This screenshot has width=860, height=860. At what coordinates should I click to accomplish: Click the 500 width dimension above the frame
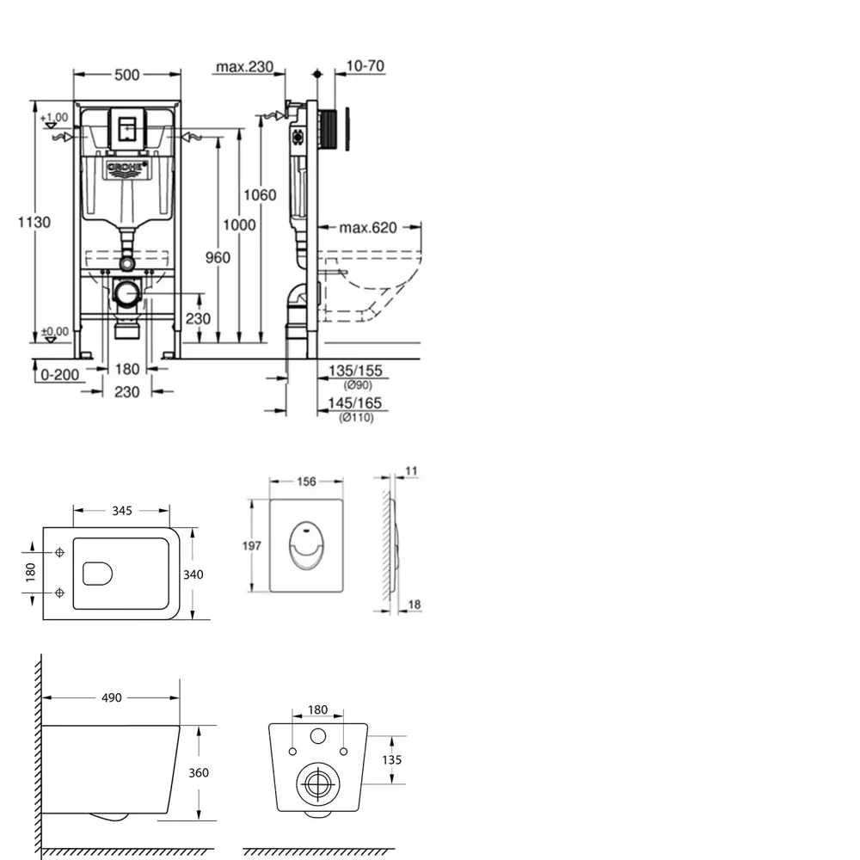coord(126,75)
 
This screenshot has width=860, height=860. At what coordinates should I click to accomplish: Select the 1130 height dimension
coord(35,222)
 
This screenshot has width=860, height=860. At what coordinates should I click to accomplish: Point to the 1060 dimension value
coord(260,195)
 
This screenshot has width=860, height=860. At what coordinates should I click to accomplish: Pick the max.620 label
coord(367,228)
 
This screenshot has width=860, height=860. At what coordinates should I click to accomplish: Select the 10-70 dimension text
coord(365,66)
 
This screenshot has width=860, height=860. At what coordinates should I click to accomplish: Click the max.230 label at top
coord(244,66)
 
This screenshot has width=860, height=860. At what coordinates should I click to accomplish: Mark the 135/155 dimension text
coord(354,371)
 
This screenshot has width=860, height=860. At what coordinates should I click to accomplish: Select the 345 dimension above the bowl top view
coord(121,511)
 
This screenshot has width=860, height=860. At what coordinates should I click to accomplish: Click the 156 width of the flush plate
coord(306,482)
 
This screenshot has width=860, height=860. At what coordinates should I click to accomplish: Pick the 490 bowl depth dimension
coord(111,698)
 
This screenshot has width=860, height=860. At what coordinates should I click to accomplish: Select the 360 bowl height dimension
coord(198,773)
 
